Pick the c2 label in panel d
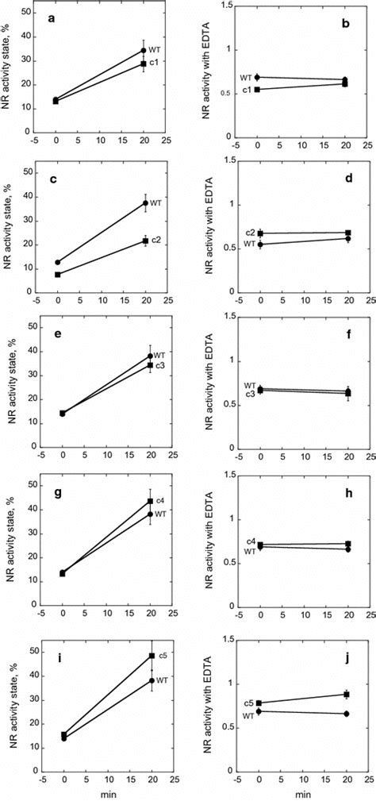coord(249,232)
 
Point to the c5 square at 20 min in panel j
coord(345,694)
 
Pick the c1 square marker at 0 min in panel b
coord(258,90)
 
